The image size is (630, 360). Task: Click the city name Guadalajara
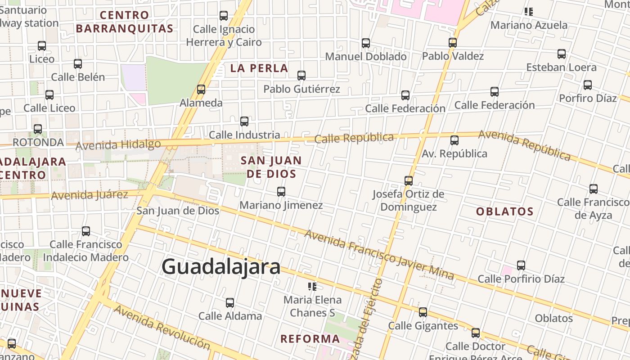221,267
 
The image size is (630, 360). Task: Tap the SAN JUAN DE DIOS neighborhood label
271,167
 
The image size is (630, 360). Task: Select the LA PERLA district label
259,68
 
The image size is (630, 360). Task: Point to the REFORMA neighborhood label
310,339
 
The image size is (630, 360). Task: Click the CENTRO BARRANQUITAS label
125,22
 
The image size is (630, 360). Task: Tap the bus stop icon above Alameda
201,90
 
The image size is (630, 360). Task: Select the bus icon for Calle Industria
244,121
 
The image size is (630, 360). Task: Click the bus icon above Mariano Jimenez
281,192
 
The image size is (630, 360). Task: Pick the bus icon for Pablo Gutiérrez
301,76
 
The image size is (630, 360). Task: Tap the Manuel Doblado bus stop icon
366,43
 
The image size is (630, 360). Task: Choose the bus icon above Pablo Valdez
453,43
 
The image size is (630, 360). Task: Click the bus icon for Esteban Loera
562,54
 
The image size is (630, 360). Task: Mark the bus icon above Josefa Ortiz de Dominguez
409,181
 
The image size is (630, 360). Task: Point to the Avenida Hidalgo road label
118,145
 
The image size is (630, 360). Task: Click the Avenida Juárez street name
90,195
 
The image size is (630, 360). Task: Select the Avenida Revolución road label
162,327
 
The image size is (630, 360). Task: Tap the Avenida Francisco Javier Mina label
379,255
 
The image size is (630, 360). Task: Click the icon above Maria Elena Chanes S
312,287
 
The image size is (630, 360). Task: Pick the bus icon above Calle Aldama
230,303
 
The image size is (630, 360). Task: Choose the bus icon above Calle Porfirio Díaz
521,265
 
